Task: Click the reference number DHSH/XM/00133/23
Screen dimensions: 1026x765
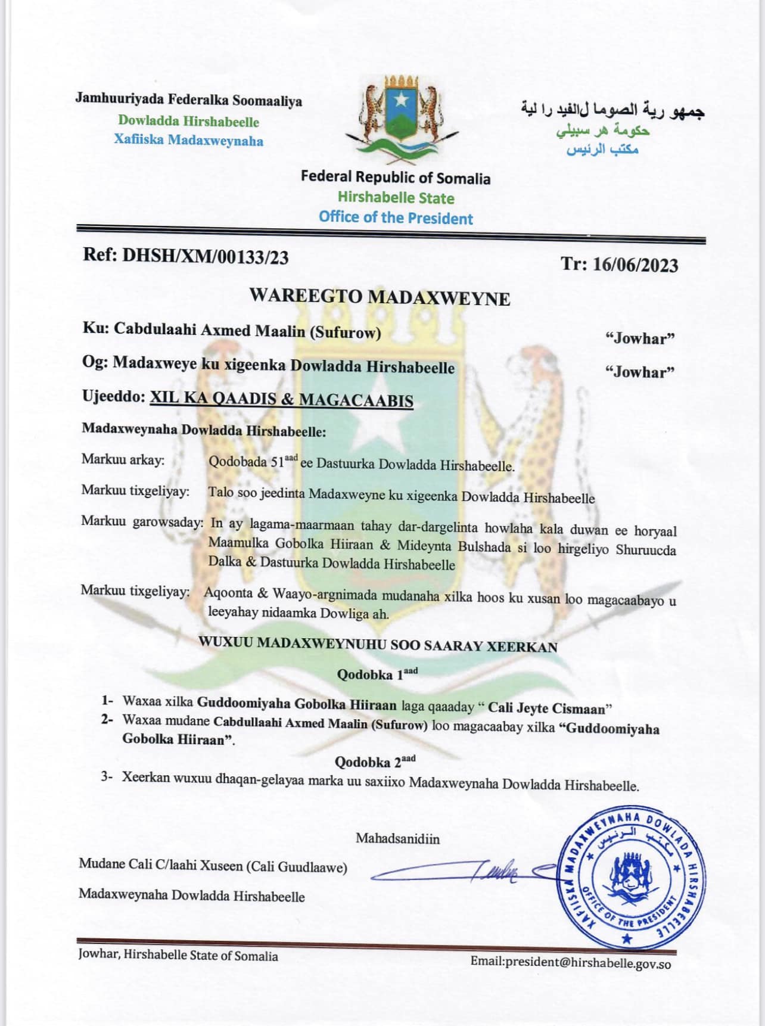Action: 206,256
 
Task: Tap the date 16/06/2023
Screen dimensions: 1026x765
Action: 635,264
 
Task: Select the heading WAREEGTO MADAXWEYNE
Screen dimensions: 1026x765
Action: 380,296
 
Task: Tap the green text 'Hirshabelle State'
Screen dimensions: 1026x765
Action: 396,198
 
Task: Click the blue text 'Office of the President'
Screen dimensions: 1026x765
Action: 396,217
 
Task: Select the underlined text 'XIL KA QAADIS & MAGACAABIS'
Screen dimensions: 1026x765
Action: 281,399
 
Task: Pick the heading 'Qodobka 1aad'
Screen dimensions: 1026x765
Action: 377,674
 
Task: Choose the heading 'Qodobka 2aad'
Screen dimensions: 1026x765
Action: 375,761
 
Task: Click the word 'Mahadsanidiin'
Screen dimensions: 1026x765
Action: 397,839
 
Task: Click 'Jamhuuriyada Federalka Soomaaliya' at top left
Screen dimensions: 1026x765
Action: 188,100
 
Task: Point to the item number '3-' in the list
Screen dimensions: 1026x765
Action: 107,777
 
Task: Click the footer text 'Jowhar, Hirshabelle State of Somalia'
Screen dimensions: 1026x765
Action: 178,955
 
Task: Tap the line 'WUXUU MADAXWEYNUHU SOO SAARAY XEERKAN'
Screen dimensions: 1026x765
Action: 378,645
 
